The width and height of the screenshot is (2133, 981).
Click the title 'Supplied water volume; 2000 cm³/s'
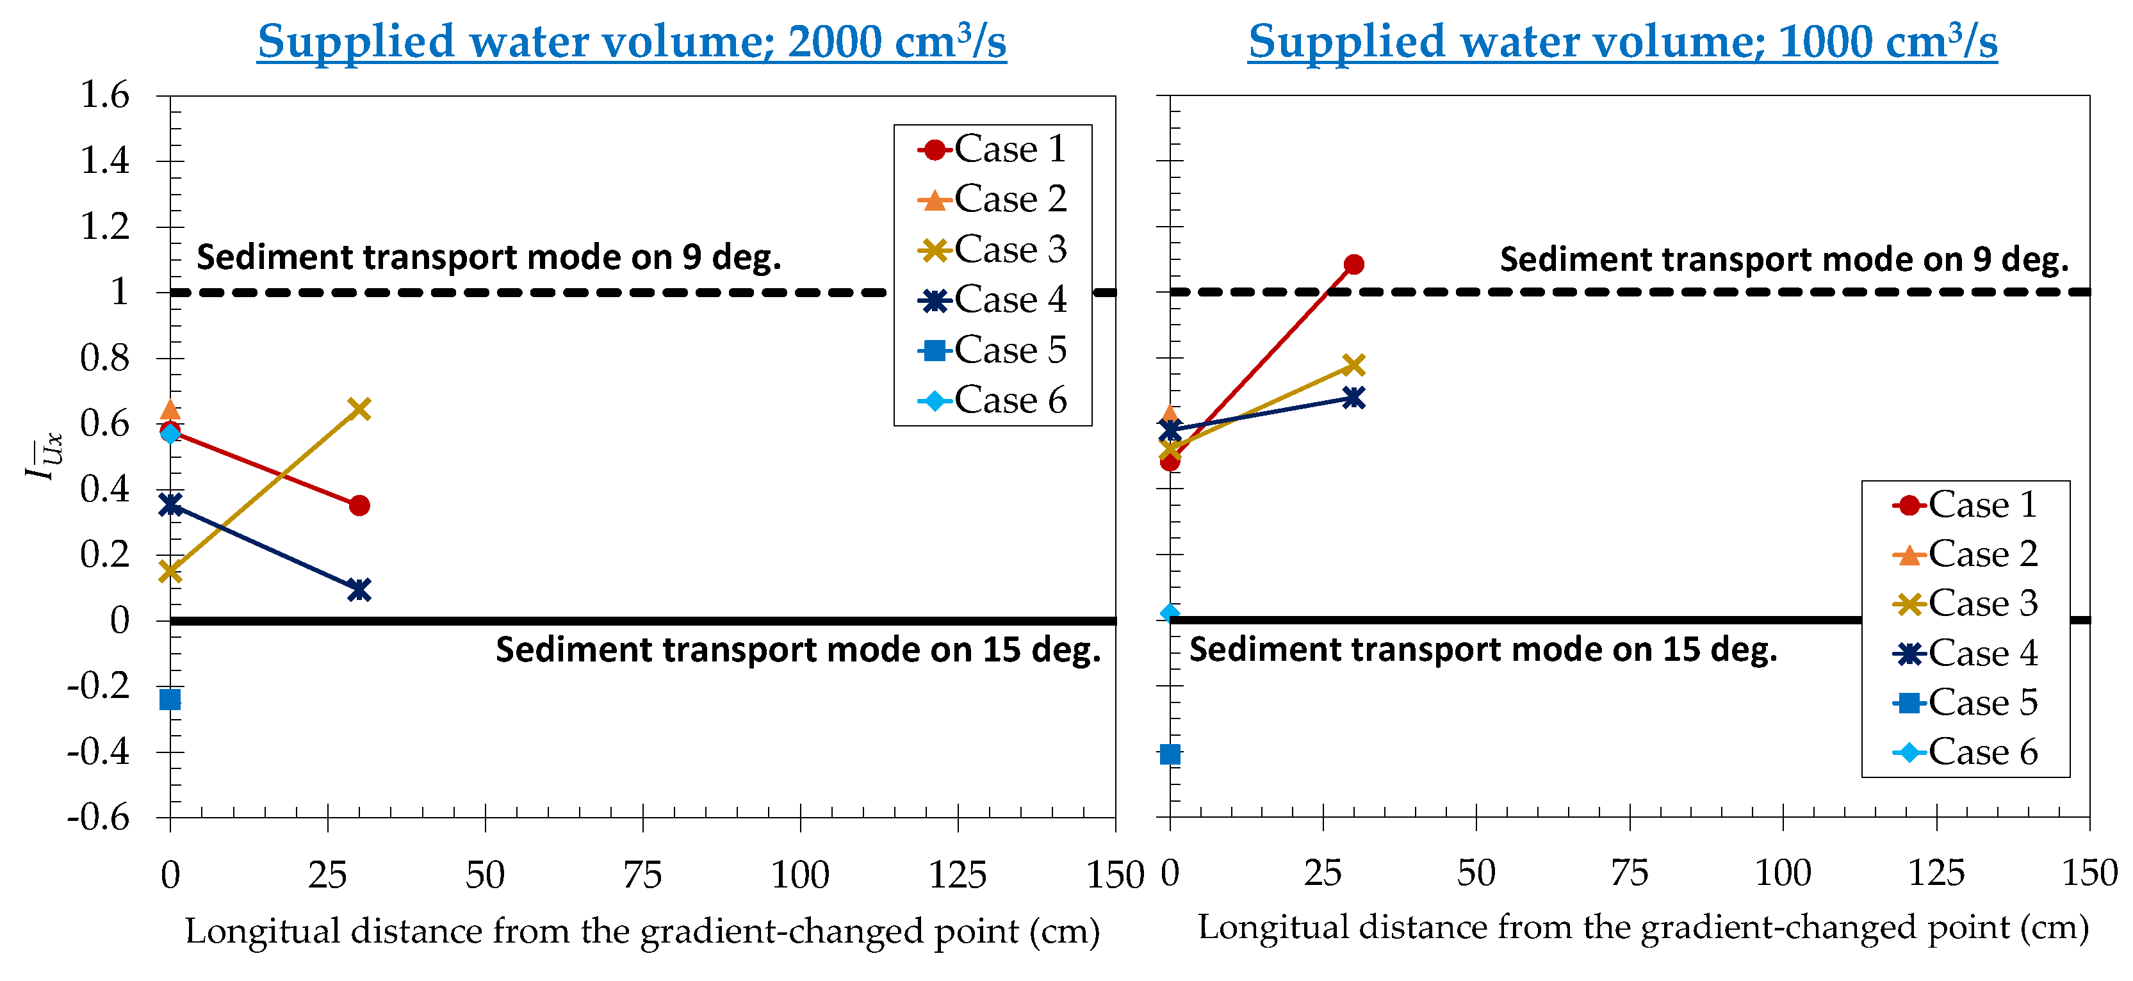(x=631, y=42)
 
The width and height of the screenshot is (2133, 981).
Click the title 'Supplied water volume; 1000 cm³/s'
(x=1622, y=42)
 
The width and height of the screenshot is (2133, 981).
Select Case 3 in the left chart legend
(x=993, y=249)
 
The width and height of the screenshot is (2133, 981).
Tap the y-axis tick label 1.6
(x=105, y=95)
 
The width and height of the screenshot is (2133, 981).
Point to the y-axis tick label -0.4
(x=99, y=752)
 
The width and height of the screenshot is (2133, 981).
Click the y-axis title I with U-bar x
(x=42, y=456)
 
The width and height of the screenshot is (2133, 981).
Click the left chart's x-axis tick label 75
(x=642, y=875)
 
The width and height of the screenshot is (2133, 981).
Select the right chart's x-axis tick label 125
(x=1936, y=873)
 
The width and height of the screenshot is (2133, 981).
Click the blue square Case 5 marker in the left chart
(x=170, y=699)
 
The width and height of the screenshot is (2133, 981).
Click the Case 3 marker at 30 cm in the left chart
(x=359, y=409)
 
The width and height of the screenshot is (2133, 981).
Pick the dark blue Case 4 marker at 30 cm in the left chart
(x=359, y=589)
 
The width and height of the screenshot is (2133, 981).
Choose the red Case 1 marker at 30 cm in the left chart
(x=359, y=505)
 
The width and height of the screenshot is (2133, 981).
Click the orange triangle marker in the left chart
(x=170, y=410)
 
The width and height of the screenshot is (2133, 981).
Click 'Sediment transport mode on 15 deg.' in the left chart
(x=797, y=650)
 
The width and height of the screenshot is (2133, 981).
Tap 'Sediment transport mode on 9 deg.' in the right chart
(x=1783, y=260)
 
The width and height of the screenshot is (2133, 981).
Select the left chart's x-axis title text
(x=642, y=931)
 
